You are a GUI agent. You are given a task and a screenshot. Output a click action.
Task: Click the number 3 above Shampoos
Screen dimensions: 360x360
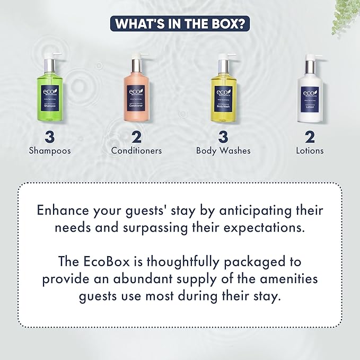[x=50, y=136]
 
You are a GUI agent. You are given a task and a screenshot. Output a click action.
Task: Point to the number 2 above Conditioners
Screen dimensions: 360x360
[x=136, y=136]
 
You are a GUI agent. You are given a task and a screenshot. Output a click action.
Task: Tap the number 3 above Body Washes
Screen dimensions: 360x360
[x=223, y=136]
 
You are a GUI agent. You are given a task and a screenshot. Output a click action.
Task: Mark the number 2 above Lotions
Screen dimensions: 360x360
[x=310, y=136]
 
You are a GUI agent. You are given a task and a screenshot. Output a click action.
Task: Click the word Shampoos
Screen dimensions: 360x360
[x=50, y=151]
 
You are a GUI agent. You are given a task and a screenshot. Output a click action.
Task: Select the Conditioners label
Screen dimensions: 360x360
[x=136, y=151]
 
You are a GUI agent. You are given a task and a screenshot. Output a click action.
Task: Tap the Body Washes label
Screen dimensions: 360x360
[x=223, y=151]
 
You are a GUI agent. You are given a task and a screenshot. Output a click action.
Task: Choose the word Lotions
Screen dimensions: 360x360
[x=310, y=151]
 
